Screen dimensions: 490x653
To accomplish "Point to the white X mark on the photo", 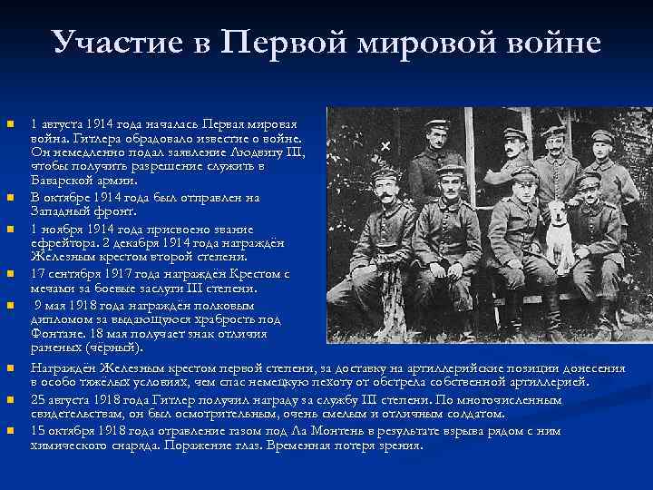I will point(385,145).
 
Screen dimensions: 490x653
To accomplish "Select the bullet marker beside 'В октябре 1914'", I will point(10,197).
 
